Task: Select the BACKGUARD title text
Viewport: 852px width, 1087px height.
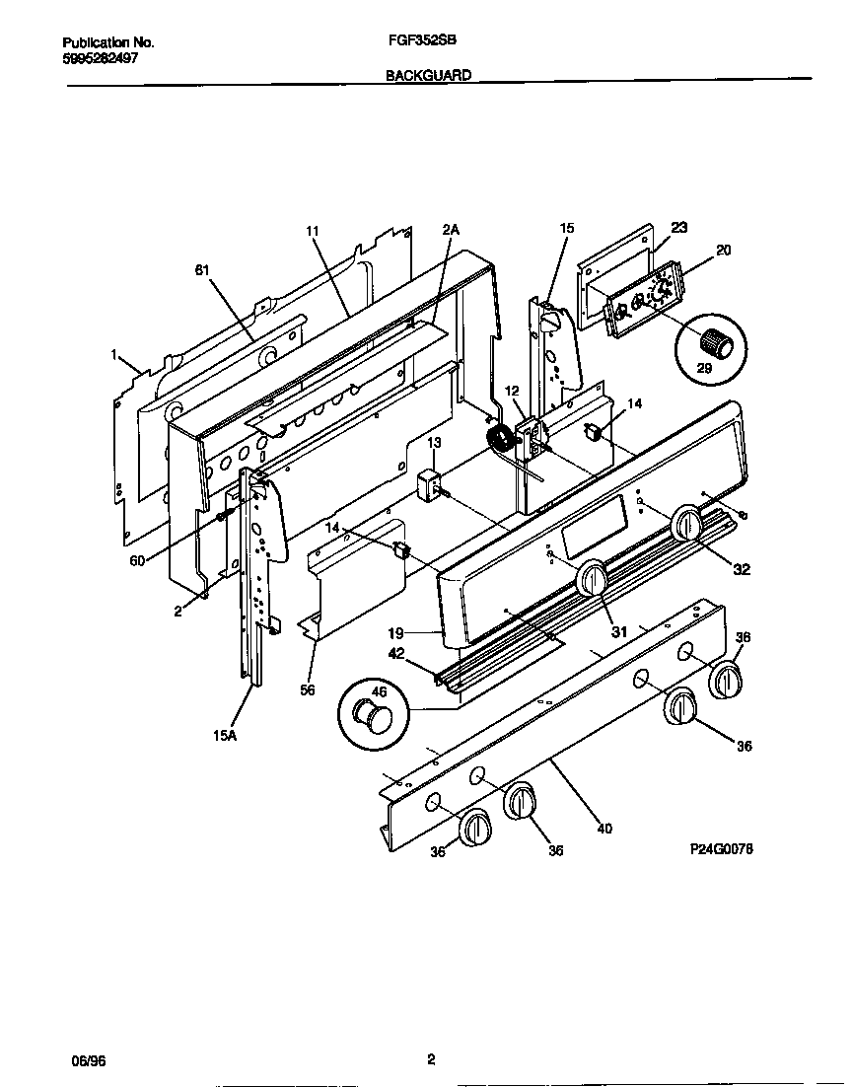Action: click(x=428, y=74)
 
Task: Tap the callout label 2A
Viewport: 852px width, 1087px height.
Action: click(x=451, y=229)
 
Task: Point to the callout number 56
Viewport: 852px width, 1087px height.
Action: click(x=308, y=689)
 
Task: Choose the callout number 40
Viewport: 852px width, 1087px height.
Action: click(x=604, y=829)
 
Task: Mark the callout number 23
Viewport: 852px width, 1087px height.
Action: click(x=678, y=227)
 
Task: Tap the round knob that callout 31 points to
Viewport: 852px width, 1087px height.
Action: click(x=593, y=579)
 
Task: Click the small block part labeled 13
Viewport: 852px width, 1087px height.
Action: click(x=430, y=484)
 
